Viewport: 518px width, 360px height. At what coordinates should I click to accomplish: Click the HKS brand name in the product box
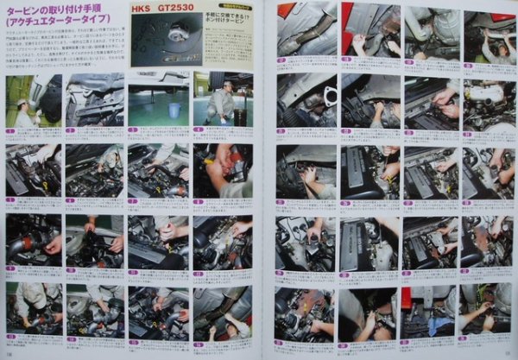pos(140,8)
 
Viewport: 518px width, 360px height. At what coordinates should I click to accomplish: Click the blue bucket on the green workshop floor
pos(175,110)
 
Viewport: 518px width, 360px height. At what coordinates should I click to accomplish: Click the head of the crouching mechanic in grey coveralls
pos(225,89)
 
